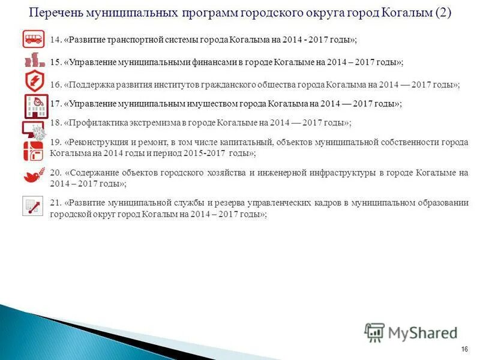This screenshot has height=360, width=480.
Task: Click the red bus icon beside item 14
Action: point(34,40)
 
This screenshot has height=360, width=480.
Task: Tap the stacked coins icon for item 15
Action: point(34,61)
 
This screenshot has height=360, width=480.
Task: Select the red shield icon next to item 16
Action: point(34,82)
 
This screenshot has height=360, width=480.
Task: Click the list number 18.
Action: point(56,123)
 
